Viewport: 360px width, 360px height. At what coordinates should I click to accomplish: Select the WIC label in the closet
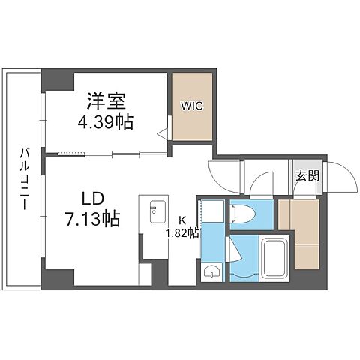pos(191,105)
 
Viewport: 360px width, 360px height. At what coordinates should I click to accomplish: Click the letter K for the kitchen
pos(181,220)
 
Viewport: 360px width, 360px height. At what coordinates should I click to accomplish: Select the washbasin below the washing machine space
pos(211,271)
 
